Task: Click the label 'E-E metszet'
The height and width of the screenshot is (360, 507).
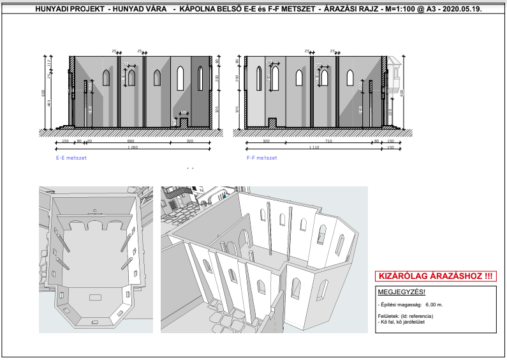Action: click(71, 157)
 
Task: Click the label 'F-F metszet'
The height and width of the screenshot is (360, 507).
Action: click(261, 157)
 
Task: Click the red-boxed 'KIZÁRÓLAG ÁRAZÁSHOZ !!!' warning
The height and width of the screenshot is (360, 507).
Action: click(435, 276)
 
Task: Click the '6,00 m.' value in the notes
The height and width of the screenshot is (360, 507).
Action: click(434, 304)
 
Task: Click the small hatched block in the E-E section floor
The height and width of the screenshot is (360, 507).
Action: click(183, 122)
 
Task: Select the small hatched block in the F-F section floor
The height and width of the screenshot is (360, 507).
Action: click(272, 122)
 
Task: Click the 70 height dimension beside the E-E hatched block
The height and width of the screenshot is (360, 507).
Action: click(174, 121)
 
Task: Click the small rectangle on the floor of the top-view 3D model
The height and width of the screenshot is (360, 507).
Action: click(96, 297)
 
